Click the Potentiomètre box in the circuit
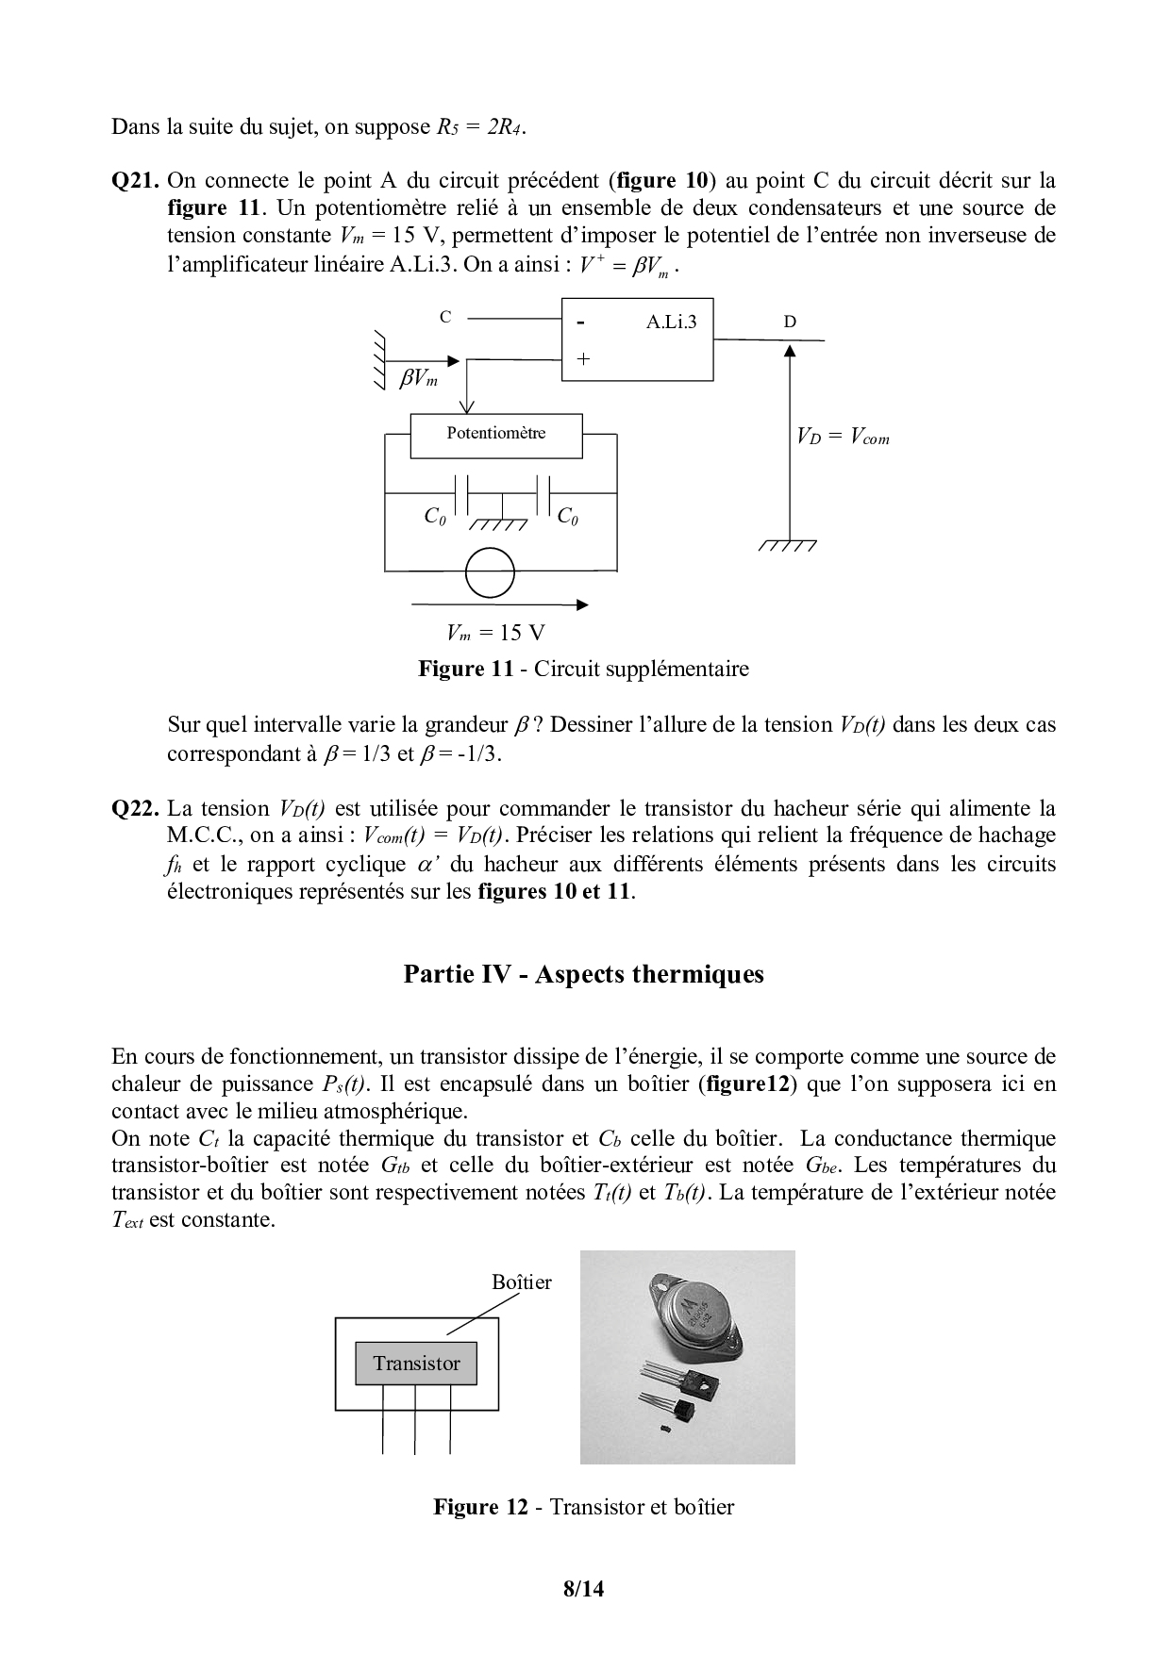coord(496,435)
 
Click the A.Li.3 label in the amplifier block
coord(671,322)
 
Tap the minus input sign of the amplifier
coord(581,323)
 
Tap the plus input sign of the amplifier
coord(583,359)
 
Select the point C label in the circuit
coord(445,317)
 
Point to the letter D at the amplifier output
coord(790,322)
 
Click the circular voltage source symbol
coord(490,572)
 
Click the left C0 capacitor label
coord(435,517)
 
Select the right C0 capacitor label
coord(568,517)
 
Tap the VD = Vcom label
coord(843,437)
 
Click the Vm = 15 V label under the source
coord(496,633)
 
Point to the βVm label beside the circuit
coord(419,379)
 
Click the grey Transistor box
coord(416,1363)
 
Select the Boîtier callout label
coord(521,1282)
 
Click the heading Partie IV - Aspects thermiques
coord(583,974)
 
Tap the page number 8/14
coord(583,1589)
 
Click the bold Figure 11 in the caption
coord(465,670)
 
